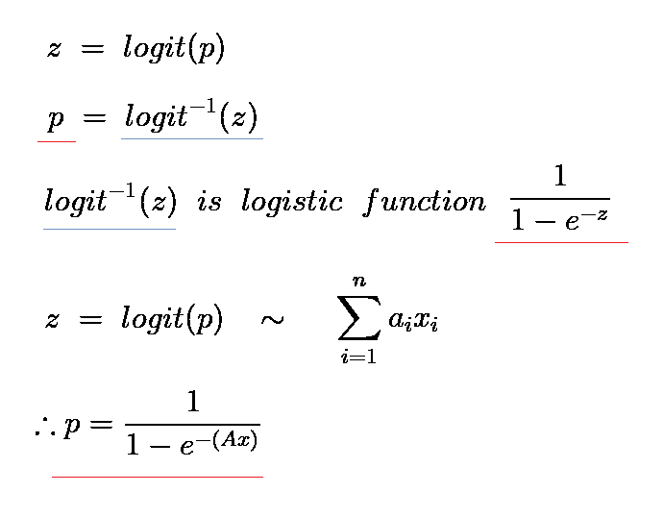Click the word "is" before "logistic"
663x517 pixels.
pyautogui.click(x=209, y=202)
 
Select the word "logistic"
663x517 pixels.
pyautogui.click(x=291, y=202)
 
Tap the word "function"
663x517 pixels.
pyautogui.click(x=424, y=202)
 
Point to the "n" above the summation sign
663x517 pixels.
pyautogui.click(x=358, y=280)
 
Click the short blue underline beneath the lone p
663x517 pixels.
pyautogui.click(x=56, y=142)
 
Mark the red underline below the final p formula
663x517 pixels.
pyautogui.click(x=157, y=477)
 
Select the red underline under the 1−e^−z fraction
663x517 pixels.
pyautogui.click(x=561, y=243)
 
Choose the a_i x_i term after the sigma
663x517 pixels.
pyautogui.click(x=413, y=321)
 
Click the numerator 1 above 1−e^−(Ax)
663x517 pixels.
pyautogui.click(x=192, y=402)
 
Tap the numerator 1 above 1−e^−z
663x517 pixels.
pyautogui.click(x=561, y=177)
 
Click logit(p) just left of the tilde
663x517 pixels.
pyautogui.click(x=171, y=319)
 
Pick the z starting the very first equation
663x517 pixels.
pyautogui.click(x=53, y=50)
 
